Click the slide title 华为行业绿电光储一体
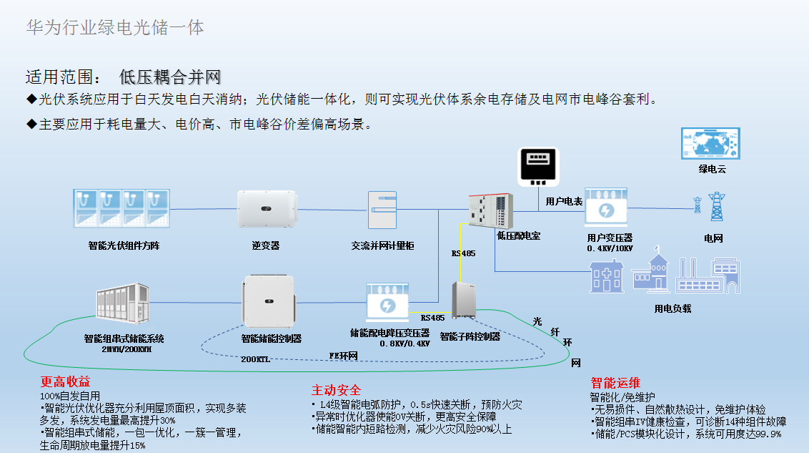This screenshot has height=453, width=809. tap(114, 28)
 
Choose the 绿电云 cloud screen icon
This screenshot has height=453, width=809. tap(710, 143)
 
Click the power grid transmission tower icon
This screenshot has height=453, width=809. tap(715, 207)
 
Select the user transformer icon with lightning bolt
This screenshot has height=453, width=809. tap(606, 208)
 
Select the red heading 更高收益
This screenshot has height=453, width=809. tap(65, 382)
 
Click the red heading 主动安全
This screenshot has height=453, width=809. tap(336, 390)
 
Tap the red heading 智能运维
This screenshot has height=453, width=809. tap(615, 382)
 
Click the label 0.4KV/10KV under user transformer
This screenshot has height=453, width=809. tap(610, 248)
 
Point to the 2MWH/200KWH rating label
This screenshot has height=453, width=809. tap(127, 349)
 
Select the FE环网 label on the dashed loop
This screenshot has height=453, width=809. tap(342, 355)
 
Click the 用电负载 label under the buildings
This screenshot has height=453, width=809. tap(672, 308)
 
